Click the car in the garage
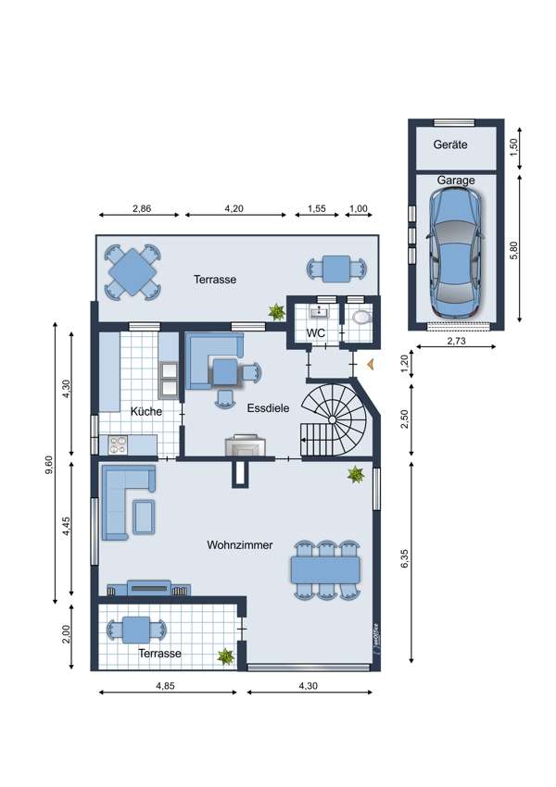pyautogui.click(x=455, y=254)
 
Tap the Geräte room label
pyautogui.click(x=450, y=144)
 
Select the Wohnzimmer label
pyautogui.click(x=240, y=544)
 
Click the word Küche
pyautogui.click(x=146, y=412)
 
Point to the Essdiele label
pyautogui.click(x=268, y=408)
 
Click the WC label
pyautogui.click(x=315, y=332)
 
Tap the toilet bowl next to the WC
pyautogui.click(x=361, y=318)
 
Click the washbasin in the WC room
pyautogui.click(x=319, y=312)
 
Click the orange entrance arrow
pyautogui.click(x=371, y=365)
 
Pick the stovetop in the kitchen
pyautogui.click(x=118, y=444)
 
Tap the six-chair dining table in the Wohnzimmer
pyautogui.click(x=325, y=569)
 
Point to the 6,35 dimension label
pyautogui.click(x=405, y=559)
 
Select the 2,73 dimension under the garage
pyautogui.click(x=456, y=341)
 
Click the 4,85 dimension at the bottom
pyautogui.click(x=166, y=685)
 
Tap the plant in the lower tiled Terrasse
pyautogui.click(x=225, y=656)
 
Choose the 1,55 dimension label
pyautogui.click(x=316, y=208)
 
